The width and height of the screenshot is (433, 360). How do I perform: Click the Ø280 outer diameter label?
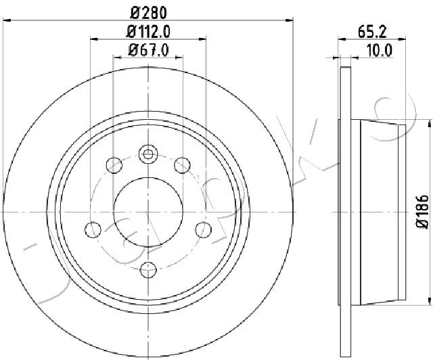click(x=149, y=13)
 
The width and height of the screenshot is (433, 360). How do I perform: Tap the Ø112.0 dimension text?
click(x=148, y=32)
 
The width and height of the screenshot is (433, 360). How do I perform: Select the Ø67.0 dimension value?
click(x=148, y=50)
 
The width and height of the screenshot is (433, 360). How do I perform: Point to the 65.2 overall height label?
click(x=372, y=32)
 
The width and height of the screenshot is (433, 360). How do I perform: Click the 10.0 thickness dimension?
click(x=379, y=51)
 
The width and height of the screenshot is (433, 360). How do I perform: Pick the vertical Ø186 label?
click(x=422, y=211)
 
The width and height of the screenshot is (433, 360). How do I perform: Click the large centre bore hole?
click(x=148, y=212)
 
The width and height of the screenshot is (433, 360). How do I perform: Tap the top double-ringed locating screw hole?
click(x=148, y=154)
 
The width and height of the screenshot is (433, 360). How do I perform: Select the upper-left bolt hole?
click(x=114, y=165)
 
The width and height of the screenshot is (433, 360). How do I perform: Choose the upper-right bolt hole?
click(x=182, y=165)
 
